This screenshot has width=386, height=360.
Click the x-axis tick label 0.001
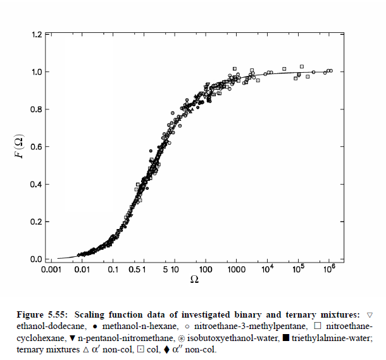(58, 270)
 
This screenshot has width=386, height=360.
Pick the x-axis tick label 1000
(235, 270)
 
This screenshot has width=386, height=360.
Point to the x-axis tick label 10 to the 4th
(267, 268)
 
